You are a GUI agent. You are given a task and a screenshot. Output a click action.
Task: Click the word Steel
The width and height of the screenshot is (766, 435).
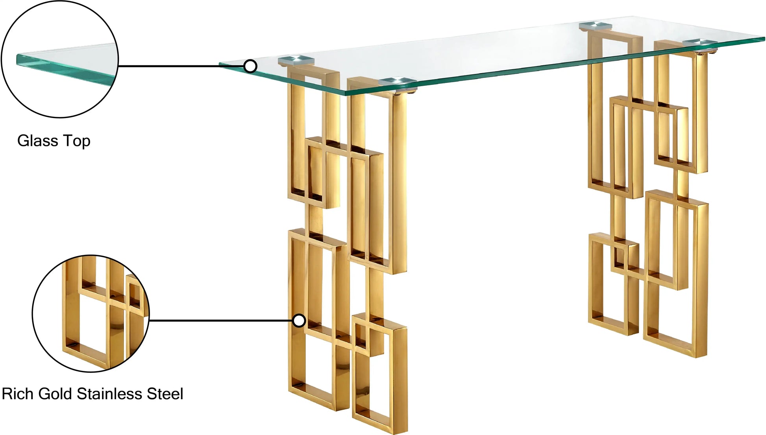tap(165, 394)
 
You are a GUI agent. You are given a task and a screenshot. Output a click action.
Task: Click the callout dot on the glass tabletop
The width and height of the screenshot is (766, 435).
tap(250, 66)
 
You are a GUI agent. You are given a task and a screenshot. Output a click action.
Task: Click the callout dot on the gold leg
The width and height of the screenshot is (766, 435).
tap(299, 321)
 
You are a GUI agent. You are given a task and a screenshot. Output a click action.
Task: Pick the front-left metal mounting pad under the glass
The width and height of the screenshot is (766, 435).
tap(397, 81)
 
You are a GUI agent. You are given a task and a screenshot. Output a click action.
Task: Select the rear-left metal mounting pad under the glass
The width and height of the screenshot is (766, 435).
tap(296, 60)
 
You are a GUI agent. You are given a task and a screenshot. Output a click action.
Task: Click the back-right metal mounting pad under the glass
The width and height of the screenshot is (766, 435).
tap(596, 26)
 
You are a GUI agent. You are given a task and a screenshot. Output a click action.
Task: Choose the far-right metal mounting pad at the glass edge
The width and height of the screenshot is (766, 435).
tap(701, 41)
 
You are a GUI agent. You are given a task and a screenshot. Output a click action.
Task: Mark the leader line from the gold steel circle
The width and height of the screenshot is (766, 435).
tap(221, 321)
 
